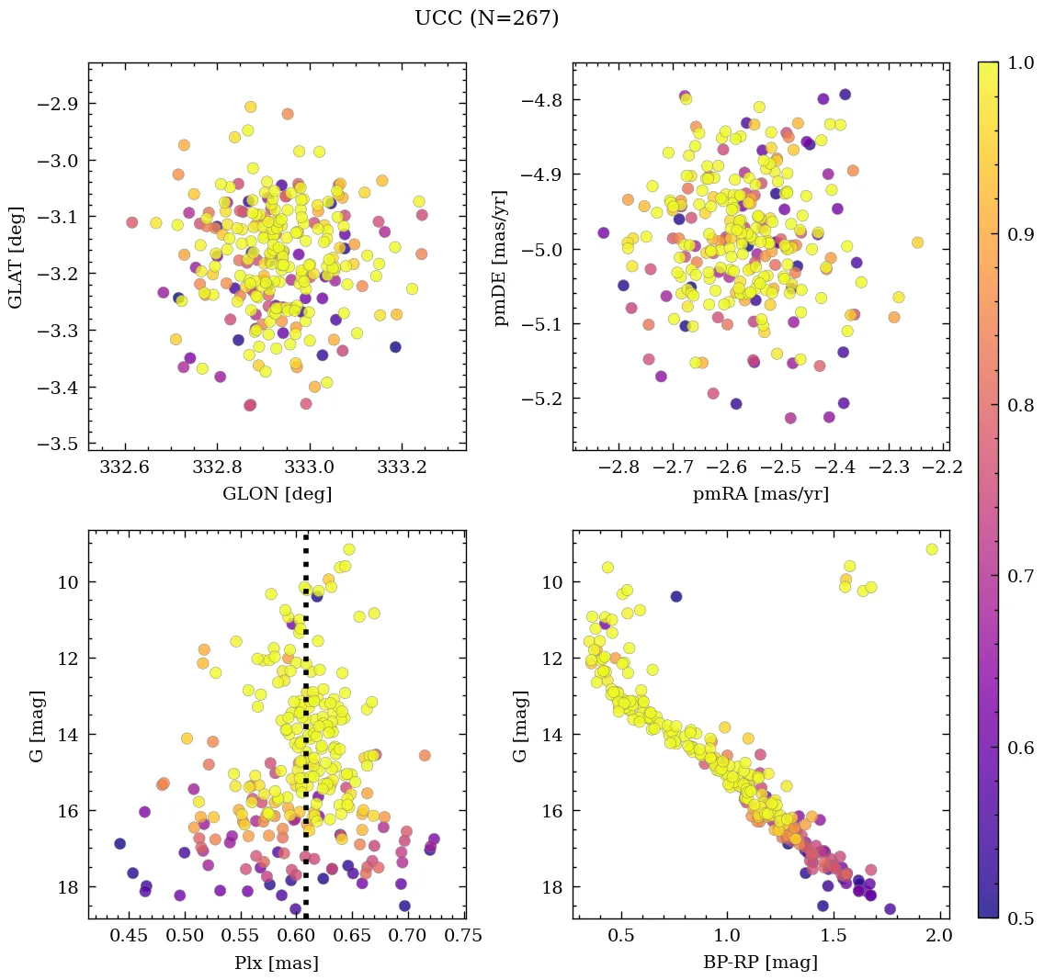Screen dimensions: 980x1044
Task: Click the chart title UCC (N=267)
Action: (486, 18)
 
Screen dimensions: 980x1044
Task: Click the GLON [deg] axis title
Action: (277, 494)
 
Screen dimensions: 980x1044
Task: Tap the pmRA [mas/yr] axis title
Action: (760, 494)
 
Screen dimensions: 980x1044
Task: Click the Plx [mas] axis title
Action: (277, 963)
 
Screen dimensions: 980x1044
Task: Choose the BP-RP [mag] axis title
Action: (760, 963)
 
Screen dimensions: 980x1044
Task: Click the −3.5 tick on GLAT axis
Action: (61, 444)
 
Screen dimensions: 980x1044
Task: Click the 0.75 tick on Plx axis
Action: (464, 938)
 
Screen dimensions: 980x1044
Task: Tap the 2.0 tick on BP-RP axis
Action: (938, 938)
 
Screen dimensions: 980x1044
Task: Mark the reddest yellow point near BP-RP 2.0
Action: (932, 549)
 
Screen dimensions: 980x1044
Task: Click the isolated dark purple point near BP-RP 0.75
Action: (676, 596)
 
